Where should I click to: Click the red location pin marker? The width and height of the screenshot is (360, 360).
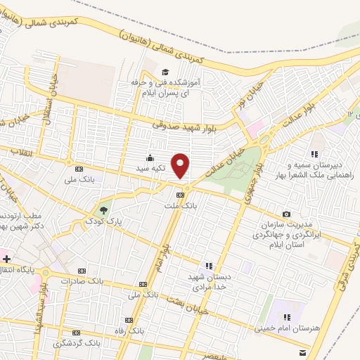coord(181,166)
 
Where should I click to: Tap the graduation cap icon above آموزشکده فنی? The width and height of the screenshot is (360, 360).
coord(165,72)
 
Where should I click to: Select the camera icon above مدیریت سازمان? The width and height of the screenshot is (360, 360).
coord(286,214)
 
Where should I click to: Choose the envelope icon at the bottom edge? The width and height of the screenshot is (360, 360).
coord(302,352)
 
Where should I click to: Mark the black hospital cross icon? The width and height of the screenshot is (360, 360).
coord(6,259)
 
